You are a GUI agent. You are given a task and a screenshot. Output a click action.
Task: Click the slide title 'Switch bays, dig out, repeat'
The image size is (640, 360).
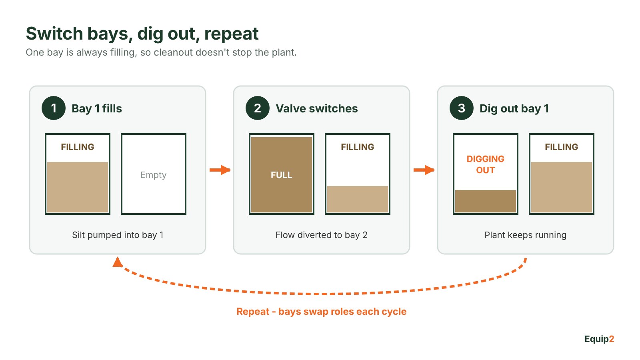pos(142,34)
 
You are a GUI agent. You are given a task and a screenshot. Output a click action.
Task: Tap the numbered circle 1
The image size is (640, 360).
pos(54,108)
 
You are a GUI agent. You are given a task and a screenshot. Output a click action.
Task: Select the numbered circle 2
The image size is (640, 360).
pos(258,108)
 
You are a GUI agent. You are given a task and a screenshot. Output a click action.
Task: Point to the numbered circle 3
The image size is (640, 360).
pos(462,108)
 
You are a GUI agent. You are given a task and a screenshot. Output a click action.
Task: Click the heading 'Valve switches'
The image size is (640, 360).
pos(316,108)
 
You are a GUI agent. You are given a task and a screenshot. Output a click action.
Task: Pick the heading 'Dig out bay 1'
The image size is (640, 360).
pos(514,109)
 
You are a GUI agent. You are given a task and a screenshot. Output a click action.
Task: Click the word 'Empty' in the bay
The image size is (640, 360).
pos(154,175)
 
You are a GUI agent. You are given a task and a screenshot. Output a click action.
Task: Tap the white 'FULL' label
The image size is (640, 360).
pos(282,175)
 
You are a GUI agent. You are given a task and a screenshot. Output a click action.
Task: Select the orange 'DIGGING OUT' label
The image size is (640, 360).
pos(486,164)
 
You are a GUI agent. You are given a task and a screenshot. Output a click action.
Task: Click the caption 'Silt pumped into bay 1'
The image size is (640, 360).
pos(118,235)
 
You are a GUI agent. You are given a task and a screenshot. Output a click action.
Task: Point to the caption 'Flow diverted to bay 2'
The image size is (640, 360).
pos(322,235)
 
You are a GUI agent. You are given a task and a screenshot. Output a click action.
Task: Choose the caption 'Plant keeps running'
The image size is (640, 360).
pos(526,235)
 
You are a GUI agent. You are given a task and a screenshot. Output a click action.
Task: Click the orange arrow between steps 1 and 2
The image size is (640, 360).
pos(220,170)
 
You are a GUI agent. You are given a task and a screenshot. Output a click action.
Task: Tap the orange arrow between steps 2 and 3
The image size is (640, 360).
pos(424,170)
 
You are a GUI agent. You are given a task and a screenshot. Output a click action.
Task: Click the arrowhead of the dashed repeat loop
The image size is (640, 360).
pos(118,262)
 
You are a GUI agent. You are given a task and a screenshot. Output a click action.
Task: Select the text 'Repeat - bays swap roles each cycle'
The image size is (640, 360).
pos(322,312)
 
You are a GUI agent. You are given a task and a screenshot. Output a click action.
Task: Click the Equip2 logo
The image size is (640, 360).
pos(599,339)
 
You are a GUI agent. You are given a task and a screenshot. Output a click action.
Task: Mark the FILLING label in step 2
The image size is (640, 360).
pos(358,147)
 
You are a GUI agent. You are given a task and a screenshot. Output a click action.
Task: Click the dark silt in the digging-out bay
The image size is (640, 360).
pos(486,201)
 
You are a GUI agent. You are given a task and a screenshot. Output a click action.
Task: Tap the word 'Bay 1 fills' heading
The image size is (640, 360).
pos(96,108)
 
